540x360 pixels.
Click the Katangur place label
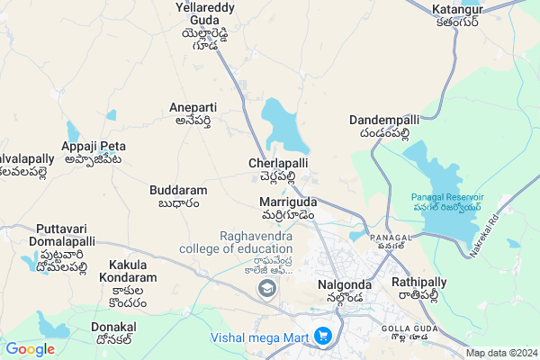(457, 15)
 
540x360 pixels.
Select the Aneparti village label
(193, 114)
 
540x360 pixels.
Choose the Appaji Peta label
(94, 152)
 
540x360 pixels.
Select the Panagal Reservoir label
(447, 202)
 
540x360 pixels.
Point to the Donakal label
(114, 334)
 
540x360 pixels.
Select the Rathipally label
(420, 289)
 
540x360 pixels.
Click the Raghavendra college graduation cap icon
(266, 289)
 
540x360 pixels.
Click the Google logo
(30, 349)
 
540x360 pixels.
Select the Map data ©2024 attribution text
(502, 353)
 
